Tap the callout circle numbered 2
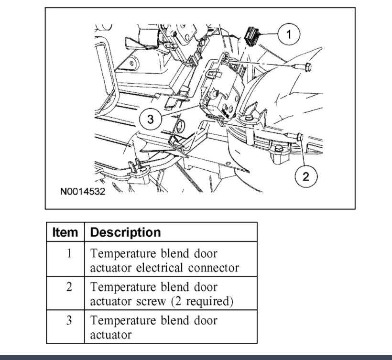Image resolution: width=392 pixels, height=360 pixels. (306, 176)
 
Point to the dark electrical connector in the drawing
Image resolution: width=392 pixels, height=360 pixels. (252, 36)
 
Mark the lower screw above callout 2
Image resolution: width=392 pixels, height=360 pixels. (299, 138)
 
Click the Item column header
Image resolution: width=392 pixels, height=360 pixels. (65, 232)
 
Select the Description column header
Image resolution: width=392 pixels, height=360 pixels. (125, 232)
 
